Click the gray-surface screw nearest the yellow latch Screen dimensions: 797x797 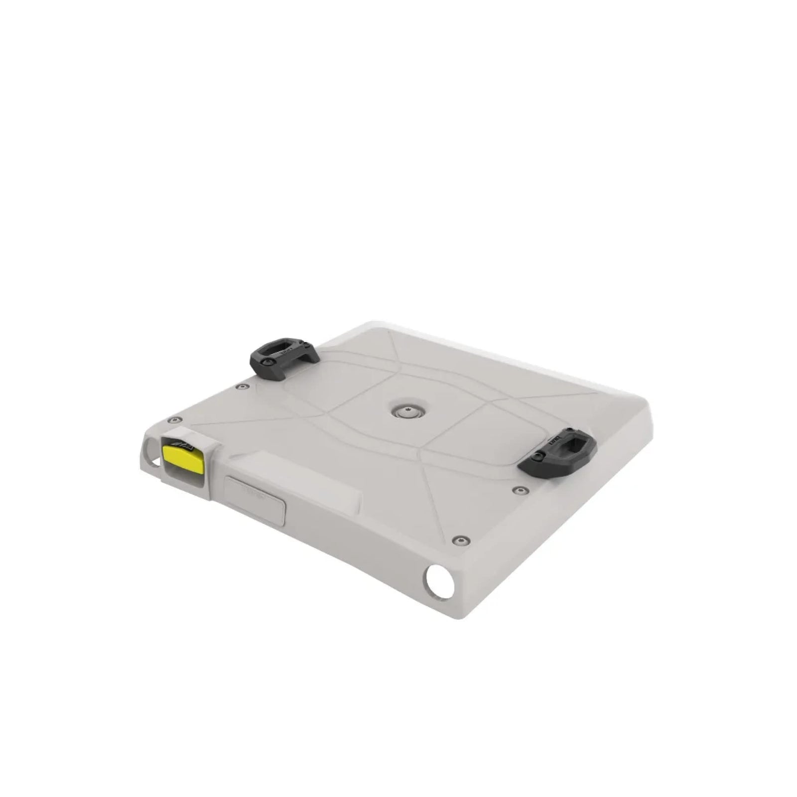coord(174,420)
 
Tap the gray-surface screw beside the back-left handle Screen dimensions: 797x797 coord(243,387)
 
